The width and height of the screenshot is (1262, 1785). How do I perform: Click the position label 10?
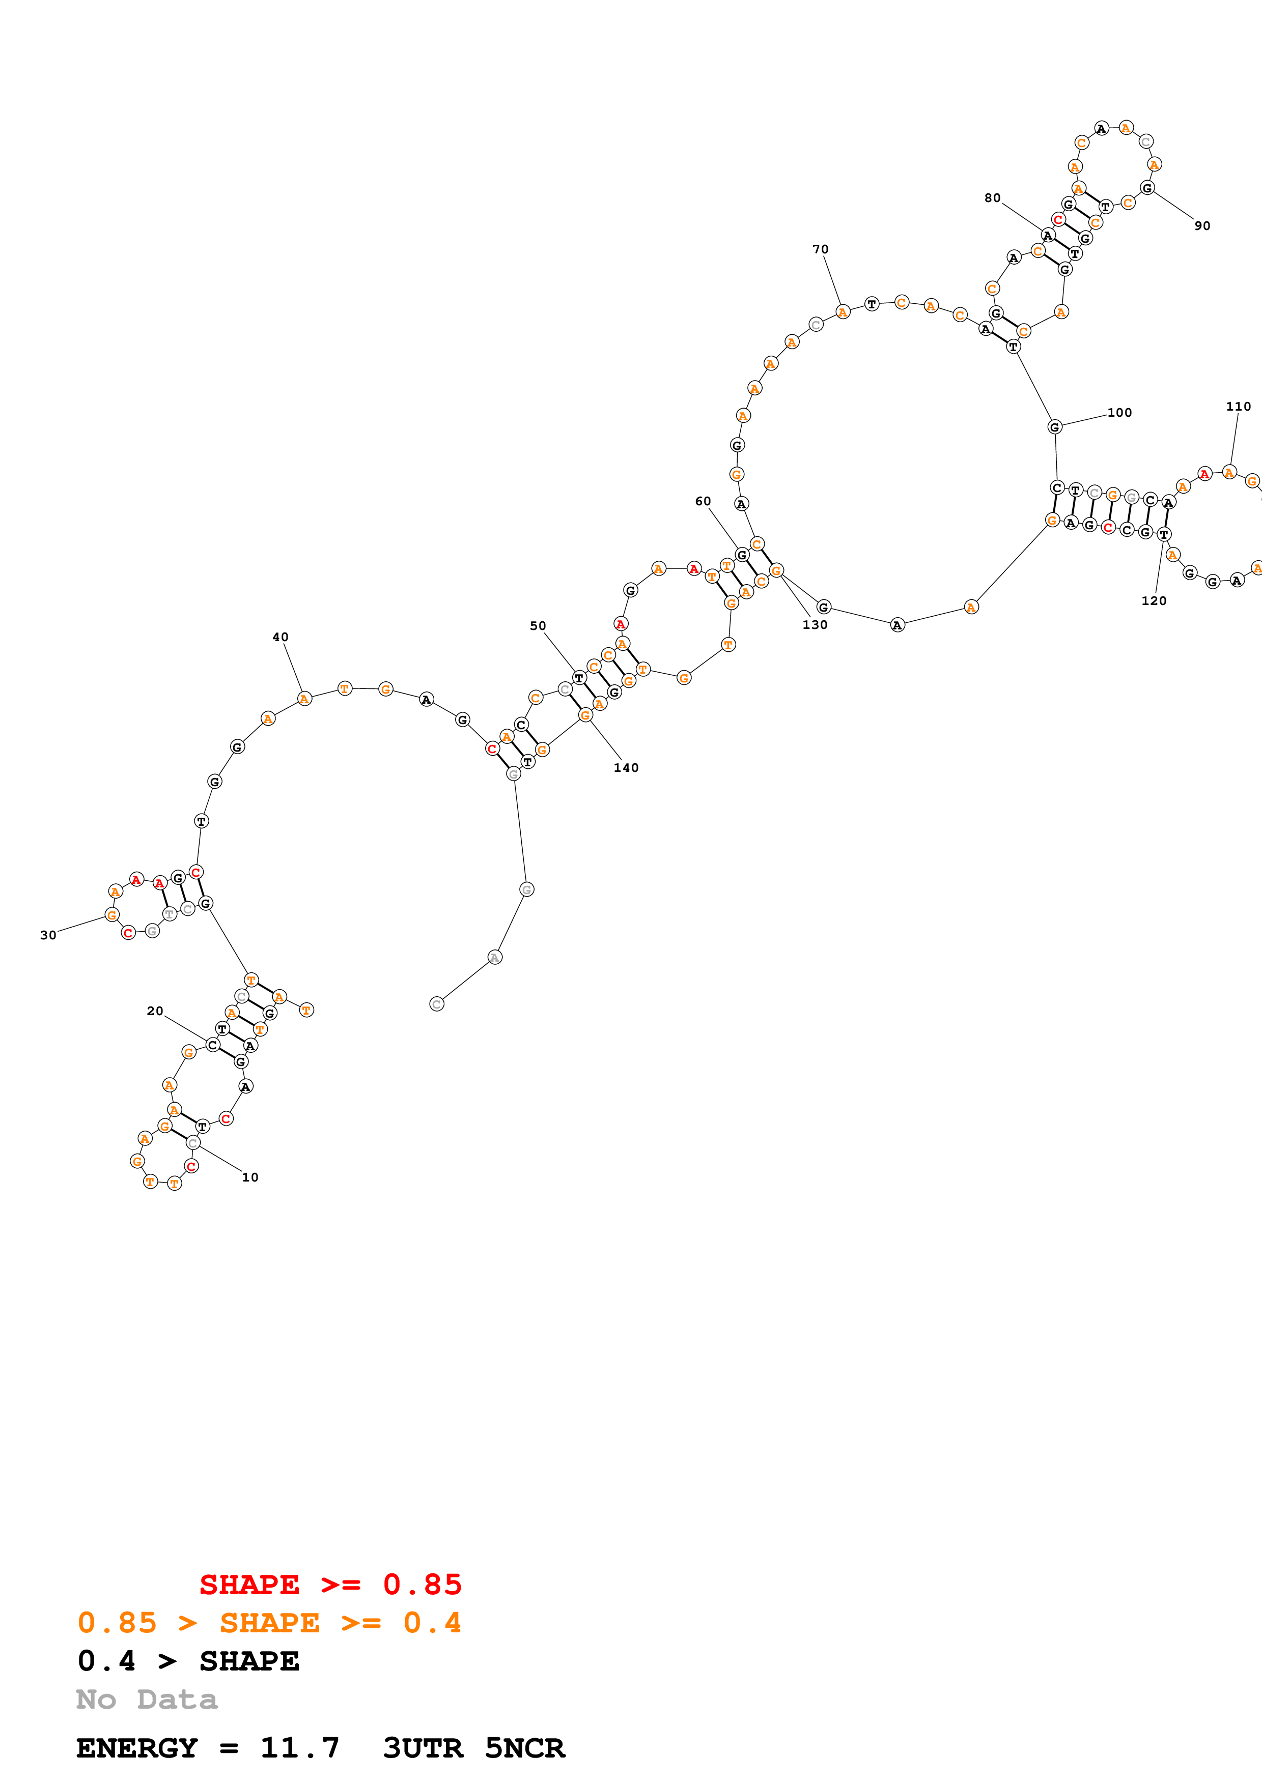pos(249,1177)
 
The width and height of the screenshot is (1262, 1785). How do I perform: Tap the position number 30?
pos(48,935)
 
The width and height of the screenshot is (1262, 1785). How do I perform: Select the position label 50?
pos(538,626)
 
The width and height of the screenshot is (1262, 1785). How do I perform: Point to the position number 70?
pos(820,249)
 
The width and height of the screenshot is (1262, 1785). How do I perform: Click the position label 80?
pos(992,198)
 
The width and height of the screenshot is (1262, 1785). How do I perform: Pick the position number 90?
pos(1202,226)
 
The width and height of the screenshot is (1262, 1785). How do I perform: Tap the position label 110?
pos(1238,407)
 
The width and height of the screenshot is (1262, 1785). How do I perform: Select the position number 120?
pos(1154,601)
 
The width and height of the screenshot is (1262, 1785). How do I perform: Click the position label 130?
pos(815,625)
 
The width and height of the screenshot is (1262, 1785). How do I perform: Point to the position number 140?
pos(626,768)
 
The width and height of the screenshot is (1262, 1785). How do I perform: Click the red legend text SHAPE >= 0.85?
pos(330,1585)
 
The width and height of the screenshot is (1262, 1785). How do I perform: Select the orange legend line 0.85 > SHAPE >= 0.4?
pos(269,1623)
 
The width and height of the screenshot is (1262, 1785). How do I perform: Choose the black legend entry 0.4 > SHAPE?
pos(188,1661)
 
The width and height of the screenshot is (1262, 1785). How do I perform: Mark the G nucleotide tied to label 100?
pos(1054,427)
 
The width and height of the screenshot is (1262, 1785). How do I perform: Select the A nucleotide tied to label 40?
pos(304,699)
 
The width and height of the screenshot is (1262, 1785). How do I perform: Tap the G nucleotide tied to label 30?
pos(112,915)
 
